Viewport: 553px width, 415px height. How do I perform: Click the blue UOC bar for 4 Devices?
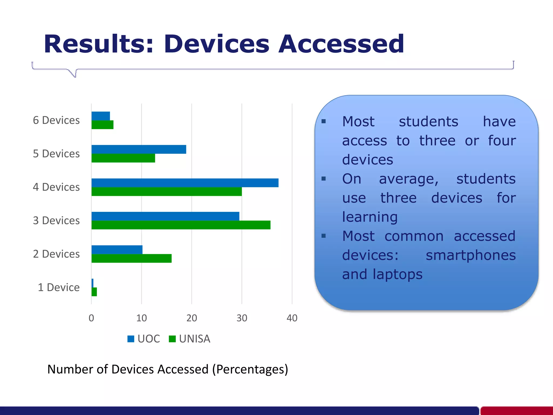click(185, 183)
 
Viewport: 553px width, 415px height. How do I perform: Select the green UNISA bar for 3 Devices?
click(181, 225)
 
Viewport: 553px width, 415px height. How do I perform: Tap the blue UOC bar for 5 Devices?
click(139, 149)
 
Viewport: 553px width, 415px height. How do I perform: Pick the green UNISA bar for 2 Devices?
click(131, 258)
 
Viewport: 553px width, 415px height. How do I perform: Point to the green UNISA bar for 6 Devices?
click(102, 125)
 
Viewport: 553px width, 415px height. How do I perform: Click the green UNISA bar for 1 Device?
click(94, 292)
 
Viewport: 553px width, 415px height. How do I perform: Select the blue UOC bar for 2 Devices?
click(117, 250)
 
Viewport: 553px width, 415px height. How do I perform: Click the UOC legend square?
click(131, 339)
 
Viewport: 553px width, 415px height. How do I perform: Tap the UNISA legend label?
click(194, 339)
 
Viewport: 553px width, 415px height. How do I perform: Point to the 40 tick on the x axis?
click(292, 318)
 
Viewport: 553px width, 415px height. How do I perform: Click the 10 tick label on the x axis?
click(141, 318)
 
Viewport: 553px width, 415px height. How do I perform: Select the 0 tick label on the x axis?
click(91, 318)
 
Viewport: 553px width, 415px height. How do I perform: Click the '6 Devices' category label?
click(56, 120)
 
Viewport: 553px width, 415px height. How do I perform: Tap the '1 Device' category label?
click(59, 287)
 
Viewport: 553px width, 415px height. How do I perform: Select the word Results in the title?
click(99, 44)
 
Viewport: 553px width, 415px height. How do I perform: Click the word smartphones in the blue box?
click(471, 255)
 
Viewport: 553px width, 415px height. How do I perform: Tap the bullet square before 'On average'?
click(324, 179)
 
